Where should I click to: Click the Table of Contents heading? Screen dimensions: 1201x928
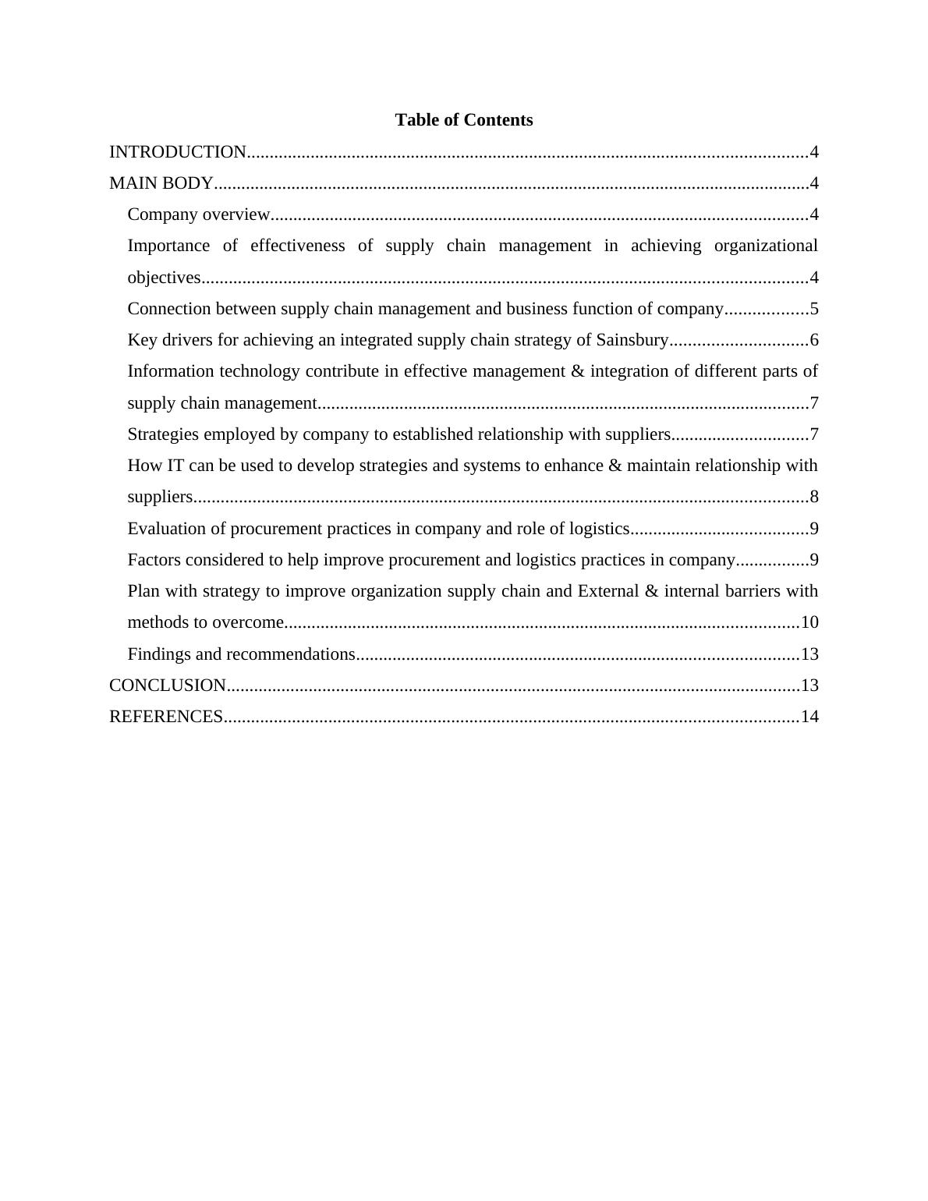pyautogui.click(x=463, y=120)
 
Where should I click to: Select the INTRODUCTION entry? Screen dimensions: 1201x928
pyautogui.click(x=178, y=152)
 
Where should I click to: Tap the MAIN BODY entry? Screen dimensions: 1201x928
pyautogui.click(x=161, y=183)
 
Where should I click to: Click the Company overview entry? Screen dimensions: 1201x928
pyautogui.click(x=198, y=214)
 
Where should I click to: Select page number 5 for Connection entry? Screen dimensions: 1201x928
pyautogui.click(x=814, y=309)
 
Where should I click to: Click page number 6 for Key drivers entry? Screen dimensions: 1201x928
pyautogui.click(x=814, y=340)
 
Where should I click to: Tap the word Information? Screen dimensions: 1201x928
pyautogui.click(x=171, y=371)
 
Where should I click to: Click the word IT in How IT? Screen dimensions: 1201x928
pyautogui.click(x=175, y=466)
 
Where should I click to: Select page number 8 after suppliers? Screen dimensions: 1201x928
pyautogui.click(x=814, y=497)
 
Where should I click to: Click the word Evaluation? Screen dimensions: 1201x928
pyautogui.click(x=165, y=529)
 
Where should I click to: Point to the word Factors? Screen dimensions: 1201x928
pyautogui.click(x=155, y=560)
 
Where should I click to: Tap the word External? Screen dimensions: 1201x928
pyautogui.click(x=607, y=591)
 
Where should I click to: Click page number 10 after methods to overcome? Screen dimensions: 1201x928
pyautogui.click(x=809, y=622)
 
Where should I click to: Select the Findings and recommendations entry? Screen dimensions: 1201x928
pyautogui.click(x=241, y=654)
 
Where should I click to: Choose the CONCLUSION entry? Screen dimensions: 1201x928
pyautogui.click(x=168, y=686)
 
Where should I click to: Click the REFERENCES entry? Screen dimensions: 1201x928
pyautogui.click(x=166, y=717)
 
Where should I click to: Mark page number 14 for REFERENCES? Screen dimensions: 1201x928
pyautogui.click(x=809, y=717)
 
